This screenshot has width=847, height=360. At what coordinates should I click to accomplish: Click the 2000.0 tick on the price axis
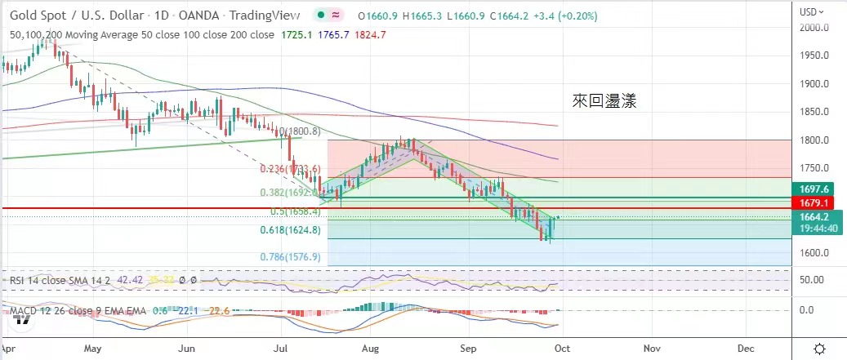[x=814, y=28]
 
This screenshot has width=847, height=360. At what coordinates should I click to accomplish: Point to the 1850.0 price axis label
[x=814, y=112]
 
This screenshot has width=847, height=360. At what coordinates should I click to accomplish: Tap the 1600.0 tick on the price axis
[x=814, y=252]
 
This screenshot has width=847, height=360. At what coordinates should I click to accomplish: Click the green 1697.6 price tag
[x=814, y=189]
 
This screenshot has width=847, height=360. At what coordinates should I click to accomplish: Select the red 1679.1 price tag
[x=814, y=202]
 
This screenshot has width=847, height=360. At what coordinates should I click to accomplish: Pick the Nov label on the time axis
[x=651, y=348]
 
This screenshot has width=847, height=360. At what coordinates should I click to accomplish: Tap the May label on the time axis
[x=92, y=348]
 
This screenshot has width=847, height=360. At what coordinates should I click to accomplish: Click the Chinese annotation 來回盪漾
[x=604, y=101]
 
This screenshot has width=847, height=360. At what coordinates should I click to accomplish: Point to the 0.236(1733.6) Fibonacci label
[x=289, y=169]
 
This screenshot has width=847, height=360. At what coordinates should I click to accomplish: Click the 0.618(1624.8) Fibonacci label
[x=289, y=230]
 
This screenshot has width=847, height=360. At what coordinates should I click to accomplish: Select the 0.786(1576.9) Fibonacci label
[x=289, y=257]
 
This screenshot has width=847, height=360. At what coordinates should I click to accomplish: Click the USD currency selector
[x=812, y=11]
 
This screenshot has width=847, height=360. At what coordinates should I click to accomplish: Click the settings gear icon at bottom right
[x=819, y=349]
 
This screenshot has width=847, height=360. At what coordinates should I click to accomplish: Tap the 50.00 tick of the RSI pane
[x=812, y=280]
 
